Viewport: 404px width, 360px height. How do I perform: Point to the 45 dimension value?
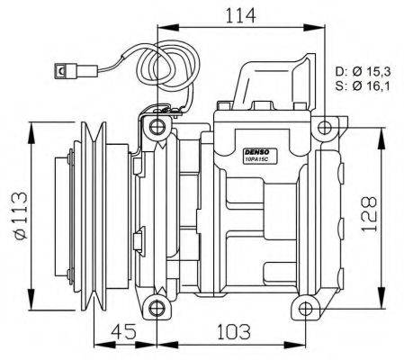[x=125, y=332]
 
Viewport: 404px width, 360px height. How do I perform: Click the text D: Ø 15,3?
[x=365, y=71]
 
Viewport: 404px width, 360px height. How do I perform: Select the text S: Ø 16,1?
[x=365, y=87]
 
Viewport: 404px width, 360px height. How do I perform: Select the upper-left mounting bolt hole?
[x=158, y=126]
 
